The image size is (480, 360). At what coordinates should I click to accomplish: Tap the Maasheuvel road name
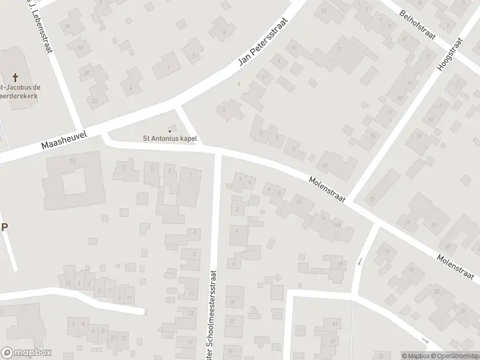click(65, 142)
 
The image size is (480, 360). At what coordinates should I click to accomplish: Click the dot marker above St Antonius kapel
click(170, 131)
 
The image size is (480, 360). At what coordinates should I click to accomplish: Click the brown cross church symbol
click(16, 77)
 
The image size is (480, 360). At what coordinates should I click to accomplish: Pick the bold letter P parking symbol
click(5, 227)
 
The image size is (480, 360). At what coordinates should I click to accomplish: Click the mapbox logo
click(26, 353)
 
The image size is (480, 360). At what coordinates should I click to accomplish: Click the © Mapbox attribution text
click(416, 355)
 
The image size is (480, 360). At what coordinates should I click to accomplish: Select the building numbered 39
click(341, 265)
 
